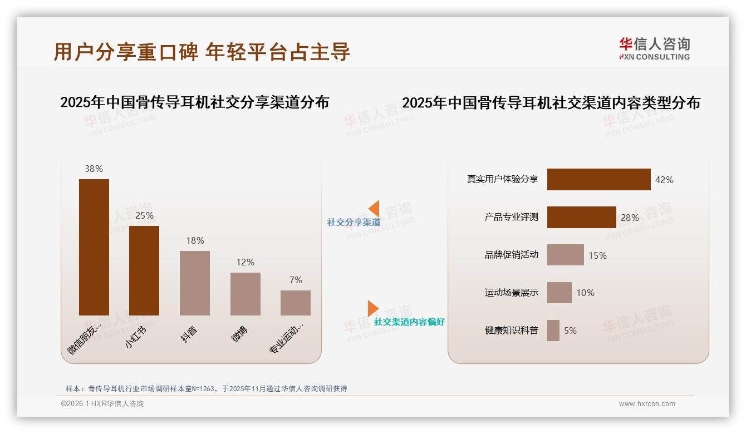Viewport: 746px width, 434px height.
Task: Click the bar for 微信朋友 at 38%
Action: point(94,247)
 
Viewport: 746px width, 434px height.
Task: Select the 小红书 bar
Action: point(144,270)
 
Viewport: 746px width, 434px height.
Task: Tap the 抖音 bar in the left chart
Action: point(195,283)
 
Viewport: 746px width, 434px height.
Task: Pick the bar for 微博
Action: point(246,294)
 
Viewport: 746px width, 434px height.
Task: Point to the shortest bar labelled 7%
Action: point(296,303)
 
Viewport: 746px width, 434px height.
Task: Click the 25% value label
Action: point(144,215)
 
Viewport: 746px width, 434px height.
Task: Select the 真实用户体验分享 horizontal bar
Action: point(598,179)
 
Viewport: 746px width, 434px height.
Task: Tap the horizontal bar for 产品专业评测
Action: point(581,217)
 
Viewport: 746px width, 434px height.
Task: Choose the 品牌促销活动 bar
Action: point(565,255)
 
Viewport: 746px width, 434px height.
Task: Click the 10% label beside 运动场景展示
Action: point(585,293)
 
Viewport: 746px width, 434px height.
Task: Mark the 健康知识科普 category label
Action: point(511,331)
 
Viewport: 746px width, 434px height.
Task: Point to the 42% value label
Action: point(664,180)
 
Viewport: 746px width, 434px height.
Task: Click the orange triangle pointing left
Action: point(374,209)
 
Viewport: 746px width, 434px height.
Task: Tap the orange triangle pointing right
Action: point(372,308)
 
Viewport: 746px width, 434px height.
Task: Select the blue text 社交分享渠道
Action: point(354,223)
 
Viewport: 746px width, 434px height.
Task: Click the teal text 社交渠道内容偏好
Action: point(409,322)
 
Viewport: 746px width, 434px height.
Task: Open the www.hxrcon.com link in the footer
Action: point(647,404)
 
